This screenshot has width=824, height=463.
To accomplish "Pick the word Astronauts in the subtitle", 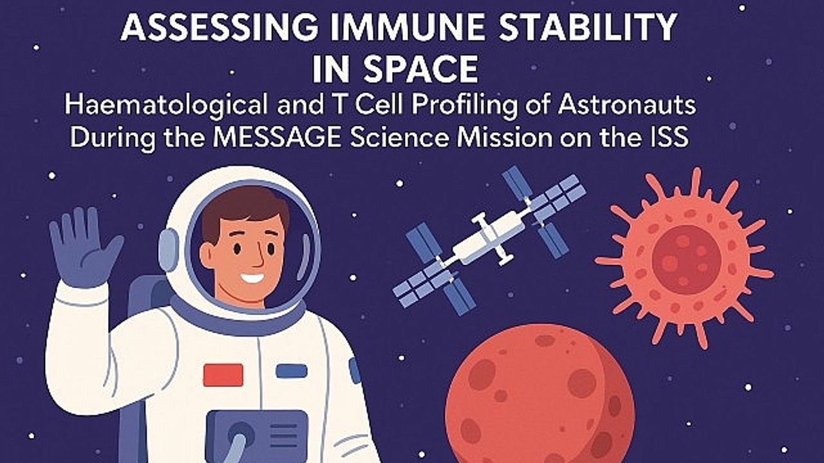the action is point(627,105).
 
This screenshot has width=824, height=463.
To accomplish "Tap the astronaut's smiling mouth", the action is point(252,278).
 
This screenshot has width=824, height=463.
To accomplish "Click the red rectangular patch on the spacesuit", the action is point(223,375).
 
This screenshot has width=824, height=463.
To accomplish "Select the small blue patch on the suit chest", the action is point(292,371).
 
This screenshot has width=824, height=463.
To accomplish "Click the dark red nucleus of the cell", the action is point(686,259).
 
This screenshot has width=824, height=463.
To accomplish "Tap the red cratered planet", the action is point(540,394).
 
